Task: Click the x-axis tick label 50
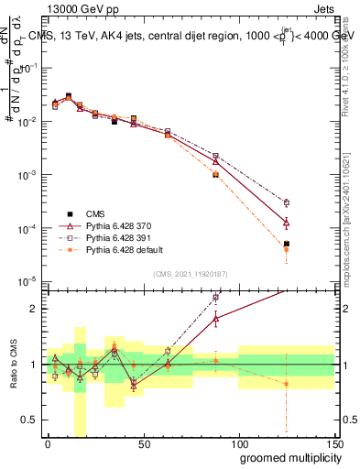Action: pyautogui.click(x=143, y=443)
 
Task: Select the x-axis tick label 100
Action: pyautogui.click(x=238, y=443)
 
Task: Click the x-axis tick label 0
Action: pyautogui.click(x=48, y=443)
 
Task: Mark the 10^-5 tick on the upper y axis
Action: pyautogui.click(x=30, y=280)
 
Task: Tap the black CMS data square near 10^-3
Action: pyautogui.click(x=215, y=173)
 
